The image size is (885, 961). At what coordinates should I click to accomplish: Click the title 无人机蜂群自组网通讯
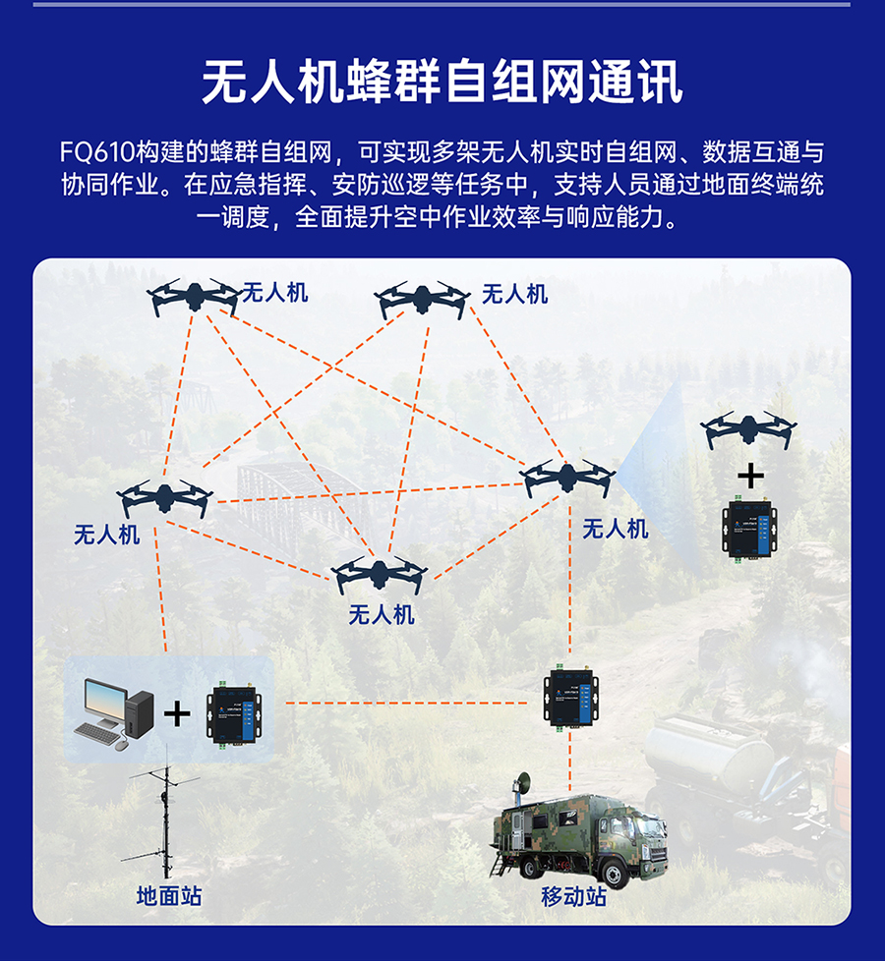point(442,82)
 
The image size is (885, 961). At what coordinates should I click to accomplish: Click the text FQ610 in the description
point(97,152)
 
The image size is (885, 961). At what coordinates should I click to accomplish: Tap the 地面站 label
point(169,895)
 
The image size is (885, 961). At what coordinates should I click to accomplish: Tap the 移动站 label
point(573,896)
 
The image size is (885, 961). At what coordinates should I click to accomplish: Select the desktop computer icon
point(114,714)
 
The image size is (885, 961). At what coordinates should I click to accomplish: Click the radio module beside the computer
point(234,713)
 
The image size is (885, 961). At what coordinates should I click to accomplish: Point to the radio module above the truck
point(570,696)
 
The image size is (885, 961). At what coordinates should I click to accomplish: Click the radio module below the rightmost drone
point(749,529)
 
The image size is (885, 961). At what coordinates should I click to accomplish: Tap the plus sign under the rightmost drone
point(750,477)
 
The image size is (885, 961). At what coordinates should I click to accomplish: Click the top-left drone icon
point(194,298)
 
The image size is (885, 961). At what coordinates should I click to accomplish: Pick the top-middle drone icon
point(422,300)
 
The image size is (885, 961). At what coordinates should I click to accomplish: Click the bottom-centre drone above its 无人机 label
point(379,574)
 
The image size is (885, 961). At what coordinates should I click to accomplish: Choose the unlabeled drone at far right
point(748,429)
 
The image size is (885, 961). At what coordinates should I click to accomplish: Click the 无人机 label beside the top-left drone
point(274,293)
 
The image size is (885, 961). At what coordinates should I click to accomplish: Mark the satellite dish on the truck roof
point(522,783)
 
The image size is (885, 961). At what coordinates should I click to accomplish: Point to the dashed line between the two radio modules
point(406,703)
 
